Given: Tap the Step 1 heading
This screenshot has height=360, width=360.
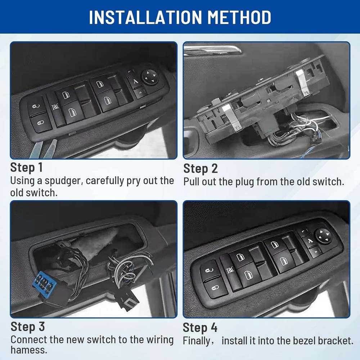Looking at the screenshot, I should pyautogui.click(x=26, y=167).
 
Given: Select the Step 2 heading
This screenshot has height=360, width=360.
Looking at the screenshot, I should pyautogui.click(x=201, y=168).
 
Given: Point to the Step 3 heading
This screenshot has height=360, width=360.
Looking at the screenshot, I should pyautogui.click(x=28, y=327).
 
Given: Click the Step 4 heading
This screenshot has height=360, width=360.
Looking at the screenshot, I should pyautogui.click(x=200, y=328).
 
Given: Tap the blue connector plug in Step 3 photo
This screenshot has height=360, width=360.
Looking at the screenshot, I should pyautogui.click(x=42, y=282).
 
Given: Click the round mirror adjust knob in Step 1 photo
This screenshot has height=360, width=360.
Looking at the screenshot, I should pyautogui.click(x=149, y=77).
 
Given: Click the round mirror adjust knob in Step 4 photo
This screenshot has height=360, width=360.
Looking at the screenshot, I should pyautogui.click(x=323, y=236).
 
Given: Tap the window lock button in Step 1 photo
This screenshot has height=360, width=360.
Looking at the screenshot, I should pyautogui.click(x=55, y=107).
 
